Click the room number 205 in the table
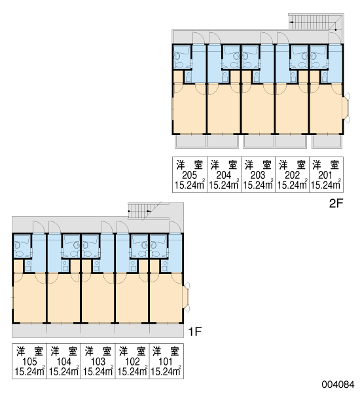pos(190,175)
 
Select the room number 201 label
pos(325,175)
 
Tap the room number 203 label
pos(258,175)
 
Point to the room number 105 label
pos(29,362)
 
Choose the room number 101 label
pos(166,362)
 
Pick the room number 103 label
pos(98,362)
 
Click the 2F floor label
pos(336,203)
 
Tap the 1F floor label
pos(195,332)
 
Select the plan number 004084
pos(338,384)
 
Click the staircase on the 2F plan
pos(316,22)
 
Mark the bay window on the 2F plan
pos(346,108)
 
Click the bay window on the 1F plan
pos(186,297)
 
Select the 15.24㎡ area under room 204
pos(223,185)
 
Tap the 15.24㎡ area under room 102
pos(132,371)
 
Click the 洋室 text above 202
pos(292,164)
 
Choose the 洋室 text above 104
pos(64,351)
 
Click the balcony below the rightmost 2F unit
pos(327,141)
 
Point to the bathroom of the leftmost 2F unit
pos(182,57)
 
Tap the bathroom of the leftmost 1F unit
pos(22,246)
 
